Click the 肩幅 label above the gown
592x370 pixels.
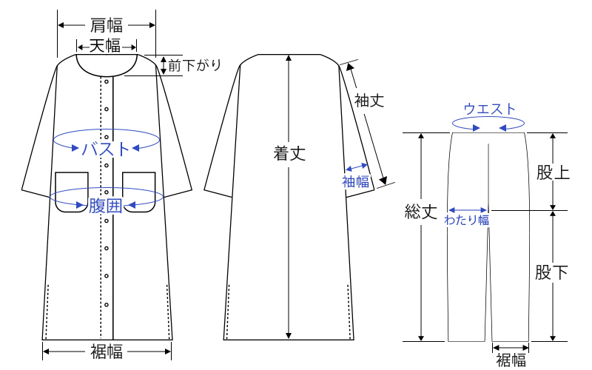[x=107, y=25]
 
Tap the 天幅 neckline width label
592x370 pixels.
[x=105, y=47]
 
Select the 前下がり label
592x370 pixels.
[x=195, y=65]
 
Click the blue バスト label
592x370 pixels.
[x=106, y=149]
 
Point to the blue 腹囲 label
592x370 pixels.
[x=105, y=206]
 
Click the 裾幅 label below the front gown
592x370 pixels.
[x=107, y=352]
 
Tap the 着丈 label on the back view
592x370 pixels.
[x=289, y=154]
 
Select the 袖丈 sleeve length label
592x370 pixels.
[x=369, y=101]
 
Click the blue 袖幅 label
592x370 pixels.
[x=356, y=181]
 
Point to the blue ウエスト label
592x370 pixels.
[x=489, y=109]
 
